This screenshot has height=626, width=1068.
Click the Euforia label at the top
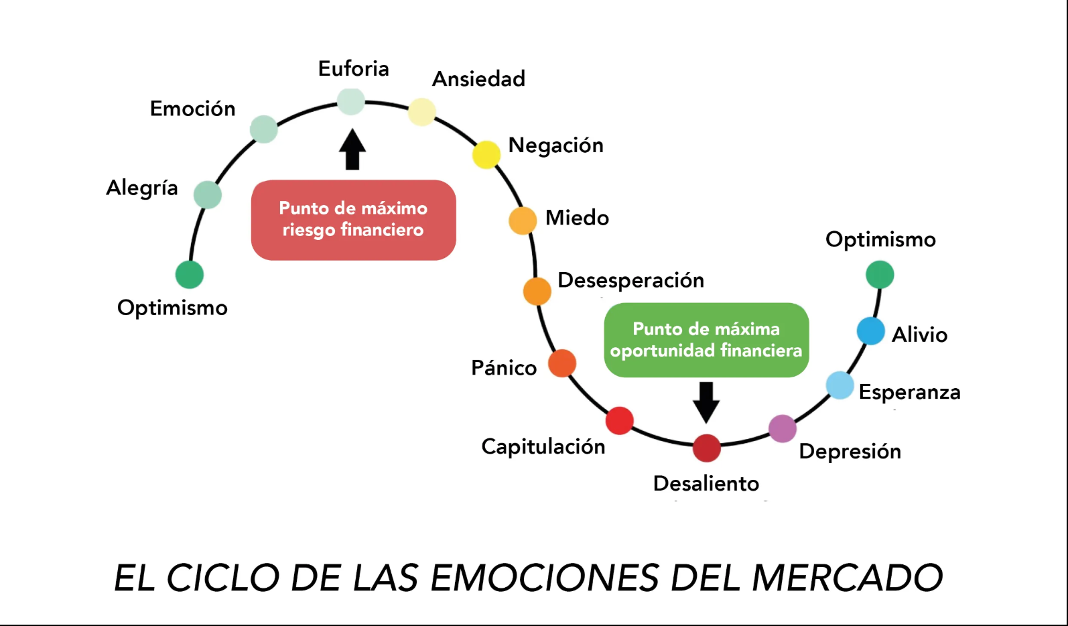coord(353,68)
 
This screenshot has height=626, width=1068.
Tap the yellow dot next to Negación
coord(486,155)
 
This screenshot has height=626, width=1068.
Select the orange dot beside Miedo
coord(523,221)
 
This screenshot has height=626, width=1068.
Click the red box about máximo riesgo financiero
coord(353,220)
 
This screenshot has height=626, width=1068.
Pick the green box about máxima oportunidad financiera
coord(706,340)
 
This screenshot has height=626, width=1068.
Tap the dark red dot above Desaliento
coord(706,448)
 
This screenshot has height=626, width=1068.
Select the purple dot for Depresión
coord(782,429)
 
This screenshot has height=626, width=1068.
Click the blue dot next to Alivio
coord(871,331)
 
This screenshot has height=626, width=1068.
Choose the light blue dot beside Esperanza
coord(840,385)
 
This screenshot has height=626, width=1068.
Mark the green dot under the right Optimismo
coord(880,275)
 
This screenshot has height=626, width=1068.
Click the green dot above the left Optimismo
coord(190,275)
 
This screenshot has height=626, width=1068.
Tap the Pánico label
coord(504,368)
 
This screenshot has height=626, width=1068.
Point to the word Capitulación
coord(543,446)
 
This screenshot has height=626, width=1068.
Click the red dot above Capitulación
coord(619,420)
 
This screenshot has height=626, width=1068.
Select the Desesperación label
coord(630,280)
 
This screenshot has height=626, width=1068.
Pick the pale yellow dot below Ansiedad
coord(422,112)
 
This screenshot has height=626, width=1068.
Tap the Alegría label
coord(142,188)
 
